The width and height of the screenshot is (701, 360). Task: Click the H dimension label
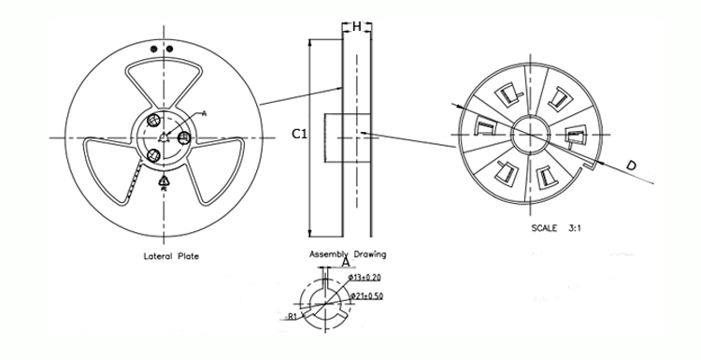point(357,26)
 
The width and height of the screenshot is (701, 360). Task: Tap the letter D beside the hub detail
point(632,166)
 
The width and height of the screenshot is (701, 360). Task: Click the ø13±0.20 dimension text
point(365,278)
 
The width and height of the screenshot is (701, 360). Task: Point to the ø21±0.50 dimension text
point(366,296)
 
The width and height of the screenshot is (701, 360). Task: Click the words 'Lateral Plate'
point(169,255)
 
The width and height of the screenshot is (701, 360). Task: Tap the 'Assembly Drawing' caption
point(348,253)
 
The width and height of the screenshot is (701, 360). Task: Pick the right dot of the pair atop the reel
point(169,47)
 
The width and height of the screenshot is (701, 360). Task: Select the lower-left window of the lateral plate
point(112,168)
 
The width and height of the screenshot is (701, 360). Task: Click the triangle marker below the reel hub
point(165,180)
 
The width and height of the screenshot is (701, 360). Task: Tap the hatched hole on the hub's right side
point(184,138)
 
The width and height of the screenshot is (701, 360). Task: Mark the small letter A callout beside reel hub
point(203,112)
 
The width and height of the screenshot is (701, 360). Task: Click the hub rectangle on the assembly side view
point(331,137)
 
